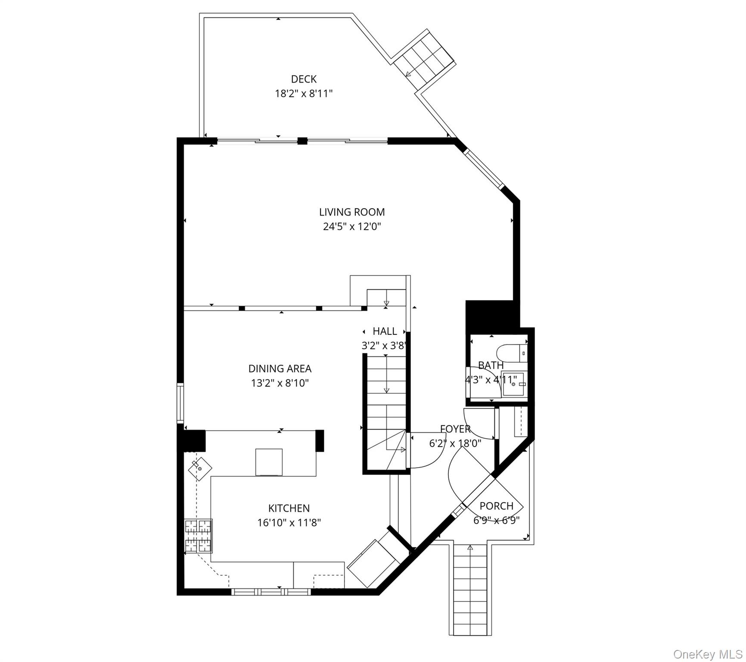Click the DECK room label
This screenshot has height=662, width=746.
coord(304,79)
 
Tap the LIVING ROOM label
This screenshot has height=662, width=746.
coord(352,212)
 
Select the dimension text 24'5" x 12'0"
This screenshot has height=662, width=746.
coord(352,226)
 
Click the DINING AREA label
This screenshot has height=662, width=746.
coord(280,368)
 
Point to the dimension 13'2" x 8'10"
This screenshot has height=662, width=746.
coord(280,383)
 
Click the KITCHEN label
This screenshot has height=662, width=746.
coord(289,508)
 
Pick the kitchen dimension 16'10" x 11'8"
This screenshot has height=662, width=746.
coord(289,523)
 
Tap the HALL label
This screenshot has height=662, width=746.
coord(385,331)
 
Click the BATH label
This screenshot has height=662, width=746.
coord(491,365)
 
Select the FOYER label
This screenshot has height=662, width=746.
coord(455,429)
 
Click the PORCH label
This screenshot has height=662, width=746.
coord(497,506)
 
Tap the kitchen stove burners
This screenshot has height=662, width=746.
coord(199,536)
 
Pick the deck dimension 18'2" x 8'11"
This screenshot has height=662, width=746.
coord(304,94)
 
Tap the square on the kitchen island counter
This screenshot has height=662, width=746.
coord(269,462)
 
